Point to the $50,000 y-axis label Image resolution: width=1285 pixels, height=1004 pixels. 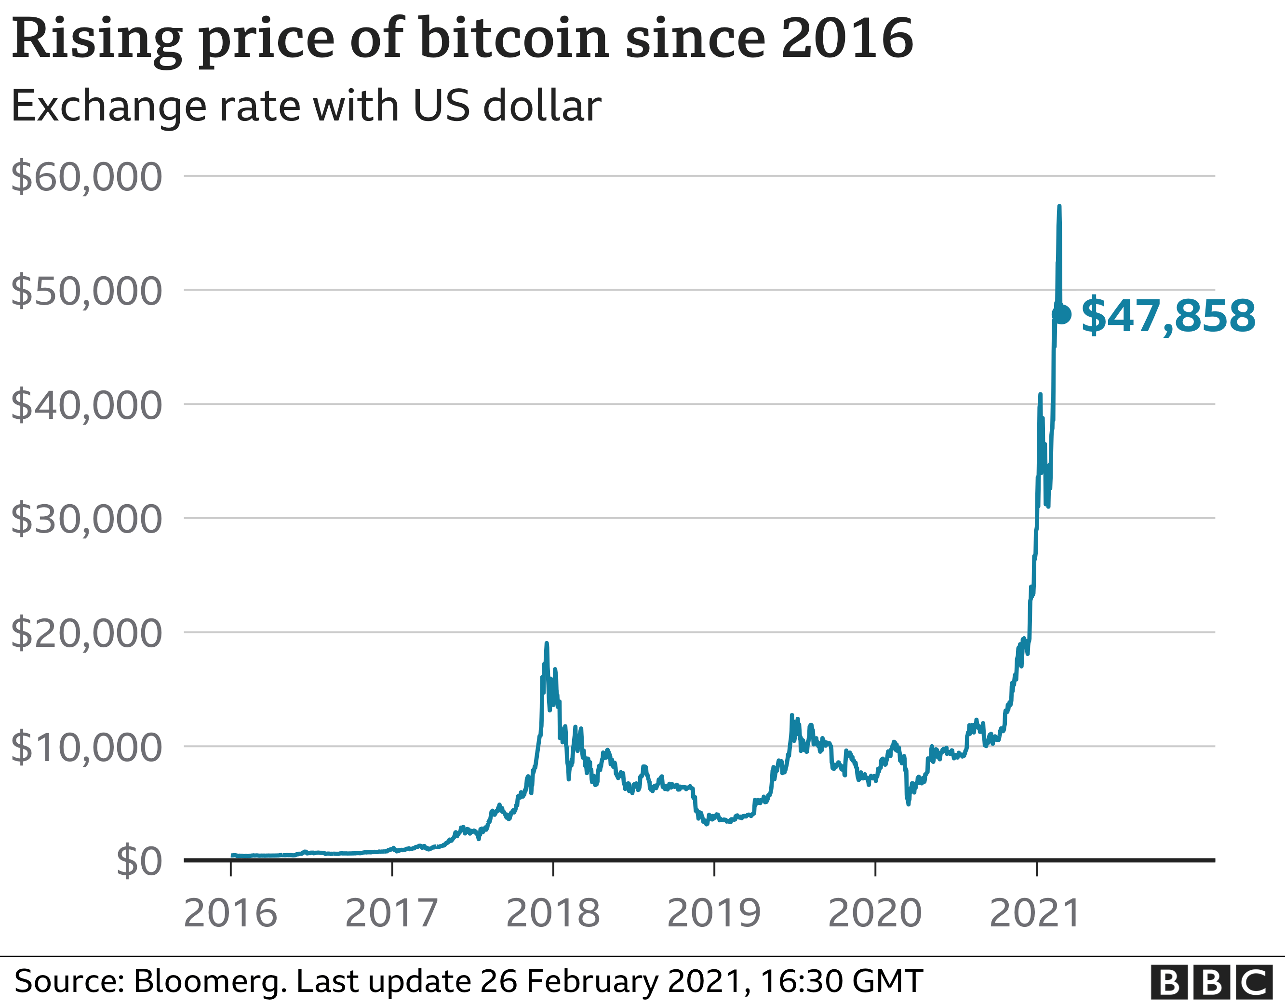[x=86, y=291]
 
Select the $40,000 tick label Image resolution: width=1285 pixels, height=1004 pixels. [x=86, y=405]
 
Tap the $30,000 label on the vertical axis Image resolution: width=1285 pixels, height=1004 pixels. [x=86, y=519]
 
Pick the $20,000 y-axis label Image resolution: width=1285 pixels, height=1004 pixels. [x=86, y=633]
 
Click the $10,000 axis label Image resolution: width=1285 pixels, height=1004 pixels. [x=86, y=748]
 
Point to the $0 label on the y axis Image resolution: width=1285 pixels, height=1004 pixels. [x=139, y=862]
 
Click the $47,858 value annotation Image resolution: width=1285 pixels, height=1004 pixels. [x=1168, y=316]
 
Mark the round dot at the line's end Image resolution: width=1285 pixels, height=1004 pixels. [x=1062, y=314]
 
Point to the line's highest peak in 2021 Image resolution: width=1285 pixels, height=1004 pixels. [x=1059, y=207]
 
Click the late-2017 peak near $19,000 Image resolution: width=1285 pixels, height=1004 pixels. [x=547, y=644]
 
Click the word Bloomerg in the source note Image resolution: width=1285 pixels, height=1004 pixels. [x=211, y=981]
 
